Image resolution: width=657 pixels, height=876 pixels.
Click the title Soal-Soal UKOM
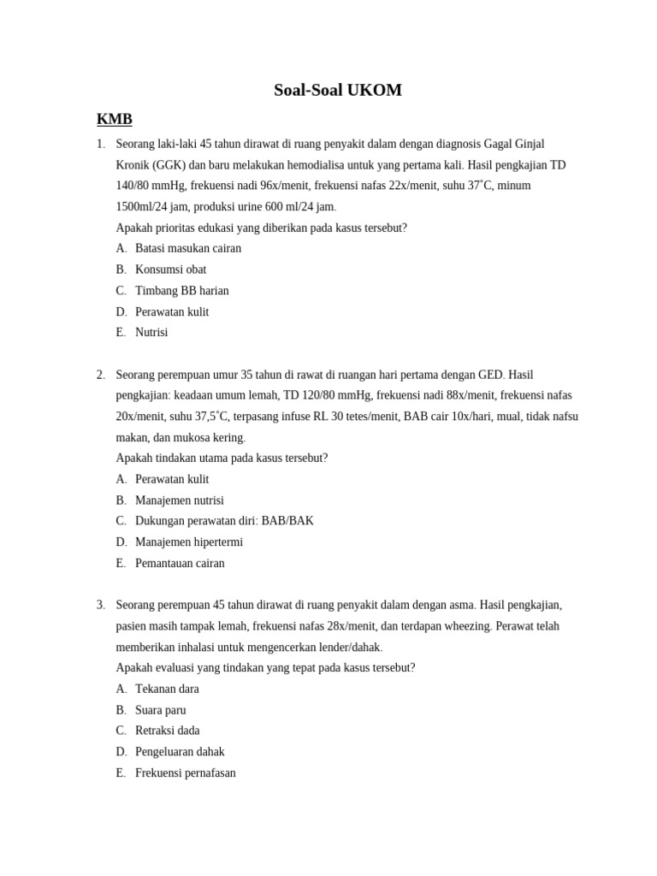(337, 90)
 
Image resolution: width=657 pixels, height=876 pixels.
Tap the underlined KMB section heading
(115, 119)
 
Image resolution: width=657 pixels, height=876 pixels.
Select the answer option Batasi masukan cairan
(187, 248)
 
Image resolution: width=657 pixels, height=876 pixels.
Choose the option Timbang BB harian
(181, 291)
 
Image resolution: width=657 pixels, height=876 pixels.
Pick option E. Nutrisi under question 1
(151, 332)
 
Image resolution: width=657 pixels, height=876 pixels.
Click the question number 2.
(100, 375)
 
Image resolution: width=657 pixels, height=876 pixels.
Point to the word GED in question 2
(490, 375)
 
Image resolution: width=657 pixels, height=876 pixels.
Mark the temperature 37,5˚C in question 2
(211, 417)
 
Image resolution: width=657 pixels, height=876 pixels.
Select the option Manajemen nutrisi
(179, 500)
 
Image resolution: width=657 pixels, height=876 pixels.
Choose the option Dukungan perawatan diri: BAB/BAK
(223, 521)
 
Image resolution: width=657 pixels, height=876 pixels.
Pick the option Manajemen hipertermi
(188, 542)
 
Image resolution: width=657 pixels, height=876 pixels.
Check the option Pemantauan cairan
(180, 564)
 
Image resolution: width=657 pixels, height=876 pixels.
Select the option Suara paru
(160, 710)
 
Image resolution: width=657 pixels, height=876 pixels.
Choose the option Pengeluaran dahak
(180, 752)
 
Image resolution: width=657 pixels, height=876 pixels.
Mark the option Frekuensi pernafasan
(185, 773)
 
